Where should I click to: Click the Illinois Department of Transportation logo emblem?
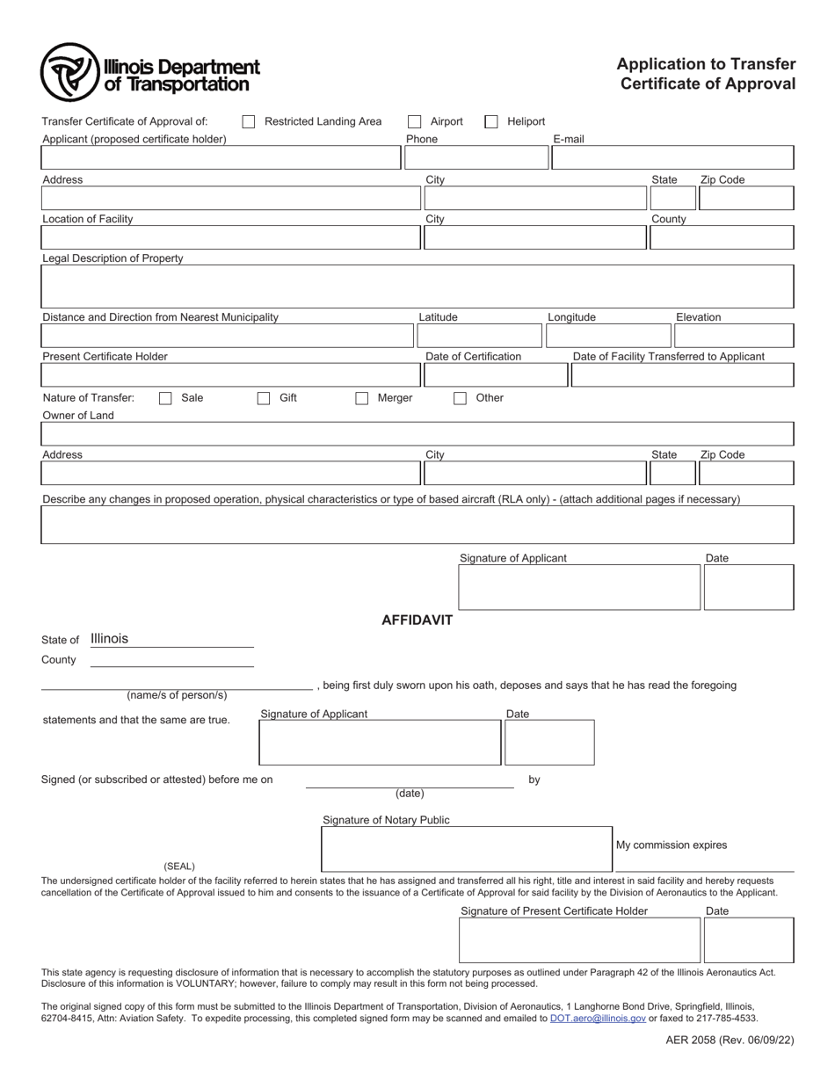69,72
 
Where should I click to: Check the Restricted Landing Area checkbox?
249,121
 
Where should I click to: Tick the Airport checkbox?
415,121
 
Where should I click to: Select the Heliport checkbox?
491,121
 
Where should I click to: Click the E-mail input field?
672,158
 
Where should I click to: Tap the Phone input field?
476,158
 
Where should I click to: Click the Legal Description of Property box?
417,287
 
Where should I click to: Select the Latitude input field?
479,336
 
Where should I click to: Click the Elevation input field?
734,336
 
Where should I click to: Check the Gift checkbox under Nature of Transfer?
264,398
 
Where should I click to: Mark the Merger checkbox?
362,398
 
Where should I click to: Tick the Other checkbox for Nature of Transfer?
461,398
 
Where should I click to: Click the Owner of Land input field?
417,434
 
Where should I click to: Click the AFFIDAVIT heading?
417,620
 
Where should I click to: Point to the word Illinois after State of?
110,639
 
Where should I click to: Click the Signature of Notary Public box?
466,849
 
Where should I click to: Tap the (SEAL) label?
179,866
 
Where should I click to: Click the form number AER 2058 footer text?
730,1040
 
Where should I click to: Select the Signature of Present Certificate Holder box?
579,940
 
